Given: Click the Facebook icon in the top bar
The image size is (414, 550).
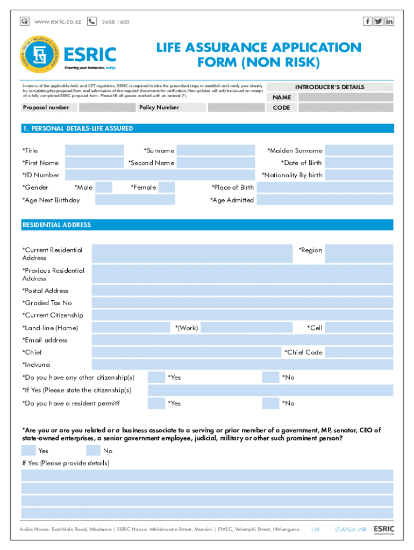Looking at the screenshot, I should point(368,21).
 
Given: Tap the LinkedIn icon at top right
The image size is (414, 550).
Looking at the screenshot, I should point(389,21).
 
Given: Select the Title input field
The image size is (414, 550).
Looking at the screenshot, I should point(95,151).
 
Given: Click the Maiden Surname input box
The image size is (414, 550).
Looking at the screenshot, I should point(359,151).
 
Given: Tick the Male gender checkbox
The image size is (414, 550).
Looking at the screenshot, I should point(104,187).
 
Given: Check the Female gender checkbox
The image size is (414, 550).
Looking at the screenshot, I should point(167,187).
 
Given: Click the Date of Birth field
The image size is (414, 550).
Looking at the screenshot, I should point(359,163).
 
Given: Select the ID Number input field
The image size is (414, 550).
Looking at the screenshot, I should point(160,175).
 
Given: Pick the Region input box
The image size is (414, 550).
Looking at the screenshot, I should point(359,254).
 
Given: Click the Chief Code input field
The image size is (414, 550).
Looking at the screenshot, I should point(359,352).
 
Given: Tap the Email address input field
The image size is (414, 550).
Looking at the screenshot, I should point(242,340).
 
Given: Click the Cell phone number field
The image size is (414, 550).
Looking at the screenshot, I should point(359,328).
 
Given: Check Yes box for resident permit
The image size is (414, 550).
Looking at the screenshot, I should point(156,403).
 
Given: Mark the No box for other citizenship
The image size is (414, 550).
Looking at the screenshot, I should point(270,378).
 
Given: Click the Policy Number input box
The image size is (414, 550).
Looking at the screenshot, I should point(234,107).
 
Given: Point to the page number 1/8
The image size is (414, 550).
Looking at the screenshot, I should point(315,530).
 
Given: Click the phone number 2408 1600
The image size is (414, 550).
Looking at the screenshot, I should point(115,22).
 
